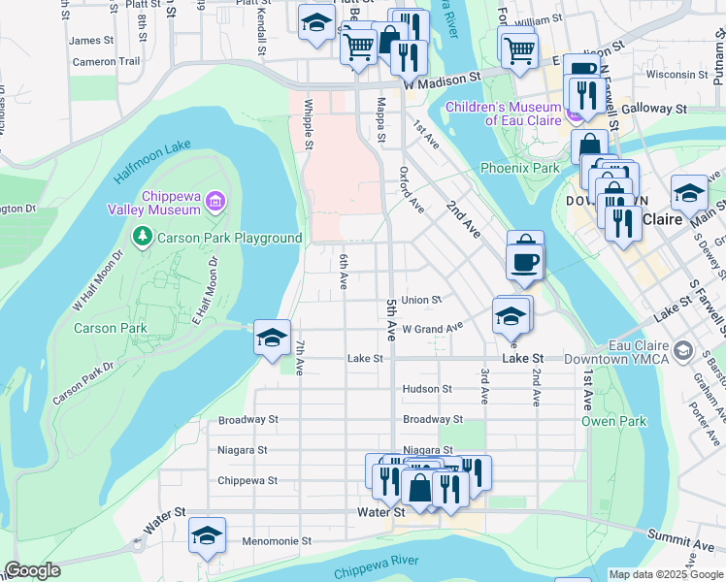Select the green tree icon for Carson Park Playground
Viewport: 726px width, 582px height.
(x=143, y=237)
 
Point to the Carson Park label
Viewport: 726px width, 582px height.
(x=111, y=328)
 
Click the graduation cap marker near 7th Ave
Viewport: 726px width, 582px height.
(x=273, y=338)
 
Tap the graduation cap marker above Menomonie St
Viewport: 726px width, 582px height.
(x=207, y=535)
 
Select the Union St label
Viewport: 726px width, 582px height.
(x=421, y=301)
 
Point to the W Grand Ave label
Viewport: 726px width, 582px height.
(x=432, y=330)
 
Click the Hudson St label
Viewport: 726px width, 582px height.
(x=427, y=389)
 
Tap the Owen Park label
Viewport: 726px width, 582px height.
(x=600, y=421)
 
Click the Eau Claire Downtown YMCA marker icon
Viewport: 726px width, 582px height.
(x=683, y=350)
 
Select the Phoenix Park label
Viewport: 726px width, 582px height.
(x=520, y=168)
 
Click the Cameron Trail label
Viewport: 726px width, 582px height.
(x=107, y=61)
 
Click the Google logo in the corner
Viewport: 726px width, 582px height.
(x=32, y=570)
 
